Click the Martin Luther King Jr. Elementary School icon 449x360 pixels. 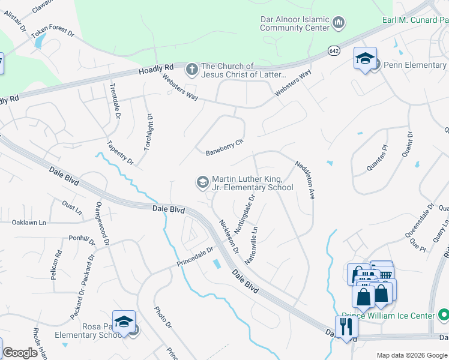tap(203, 181)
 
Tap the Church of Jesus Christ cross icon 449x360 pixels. tap(191, 70)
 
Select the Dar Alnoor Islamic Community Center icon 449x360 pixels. tap(339, 23)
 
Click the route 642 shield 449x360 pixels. tap(334, 52)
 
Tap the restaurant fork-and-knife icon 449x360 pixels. tap(346, 327)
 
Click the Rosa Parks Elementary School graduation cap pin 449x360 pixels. tap(124, 322)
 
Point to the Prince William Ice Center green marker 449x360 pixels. tap(443, 314)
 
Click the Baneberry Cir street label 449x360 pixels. tap(224, 146)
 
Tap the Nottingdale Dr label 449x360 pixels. tap(246, 215)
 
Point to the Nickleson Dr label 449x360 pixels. tap(229, 236)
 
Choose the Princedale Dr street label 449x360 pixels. tap(195, 257)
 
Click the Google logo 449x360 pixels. tap(20, 353)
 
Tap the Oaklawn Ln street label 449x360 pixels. tap(29, 223)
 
